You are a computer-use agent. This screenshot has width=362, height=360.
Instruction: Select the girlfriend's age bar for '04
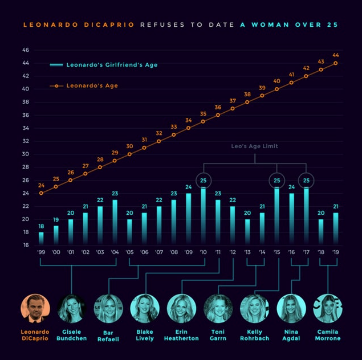(115, 222)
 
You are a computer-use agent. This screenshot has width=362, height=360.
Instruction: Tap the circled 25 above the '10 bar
(204, 181)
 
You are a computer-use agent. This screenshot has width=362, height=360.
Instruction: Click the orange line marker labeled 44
(335, 63)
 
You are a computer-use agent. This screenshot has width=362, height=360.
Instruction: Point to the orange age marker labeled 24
(41, 193)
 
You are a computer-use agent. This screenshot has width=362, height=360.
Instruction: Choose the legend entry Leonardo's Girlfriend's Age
(111, 65)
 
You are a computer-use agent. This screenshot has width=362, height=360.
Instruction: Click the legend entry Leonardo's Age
(92, 85)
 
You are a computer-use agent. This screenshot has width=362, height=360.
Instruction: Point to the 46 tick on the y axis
(26, 50)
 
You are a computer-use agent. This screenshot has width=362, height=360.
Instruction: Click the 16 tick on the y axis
(26, 245)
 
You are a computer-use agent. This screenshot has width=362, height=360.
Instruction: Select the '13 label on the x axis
(247, 252)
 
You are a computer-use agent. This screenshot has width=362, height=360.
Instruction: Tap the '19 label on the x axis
(335, 252)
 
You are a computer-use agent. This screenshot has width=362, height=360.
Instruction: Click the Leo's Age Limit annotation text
(254, 146)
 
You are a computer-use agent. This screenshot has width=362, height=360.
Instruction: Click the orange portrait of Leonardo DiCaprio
(35, 308)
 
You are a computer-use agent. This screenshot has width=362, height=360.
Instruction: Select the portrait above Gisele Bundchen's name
(71, 308)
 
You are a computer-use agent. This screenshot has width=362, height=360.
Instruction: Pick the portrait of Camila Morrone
(328, 308)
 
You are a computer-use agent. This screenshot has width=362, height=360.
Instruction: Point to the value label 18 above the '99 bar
(41, 226)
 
